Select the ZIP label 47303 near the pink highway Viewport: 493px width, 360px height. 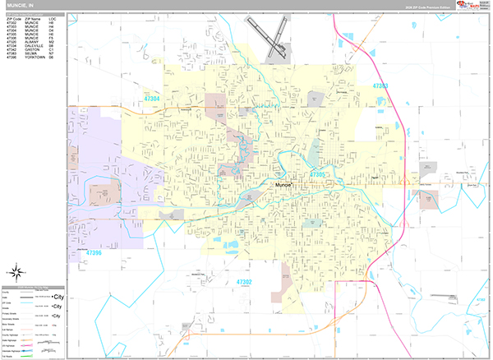(380, 85)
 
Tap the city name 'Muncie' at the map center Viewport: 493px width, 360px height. (283, 187)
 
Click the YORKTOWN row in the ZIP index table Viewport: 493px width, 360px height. (33, 57)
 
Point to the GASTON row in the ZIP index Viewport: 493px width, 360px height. (33, 48)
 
